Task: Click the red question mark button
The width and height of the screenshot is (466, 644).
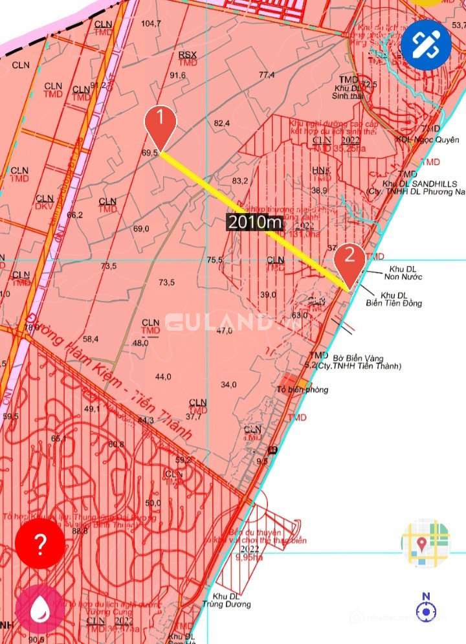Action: point(40,544)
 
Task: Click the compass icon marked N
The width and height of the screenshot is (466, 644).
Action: point(426,608)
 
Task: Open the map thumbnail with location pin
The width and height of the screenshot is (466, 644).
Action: point(425,543)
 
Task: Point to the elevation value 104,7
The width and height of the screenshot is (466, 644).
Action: point(151,24)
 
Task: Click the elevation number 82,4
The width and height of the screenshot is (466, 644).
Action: point(222,123)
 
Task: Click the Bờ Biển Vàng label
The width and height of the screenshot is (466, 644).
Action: point(359,358)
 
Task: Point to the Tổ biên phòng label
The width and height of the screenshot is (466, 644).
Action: point(302,390)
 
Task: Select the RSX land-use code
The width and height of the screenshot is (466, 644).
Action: point(187,55)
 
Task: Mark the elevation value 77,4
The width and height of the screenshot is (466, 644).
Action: point(267,75)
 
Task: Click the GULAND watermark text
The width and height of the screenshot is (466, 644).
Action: point(220,322)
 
